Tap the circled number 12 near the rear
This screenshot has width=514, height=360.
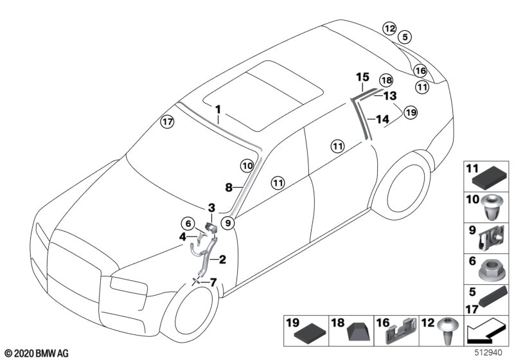point(389,28)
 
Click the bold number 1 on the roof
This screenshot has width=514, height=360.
point(218,109)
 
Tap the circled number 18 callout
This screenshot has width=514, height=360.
point(385,80)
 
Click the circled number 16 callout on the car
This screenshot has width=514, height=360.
point(420,71)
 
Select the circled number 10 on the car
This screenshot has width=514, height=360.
point(247,166)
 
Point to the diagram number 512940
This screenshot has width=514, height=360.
point(488,352)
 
